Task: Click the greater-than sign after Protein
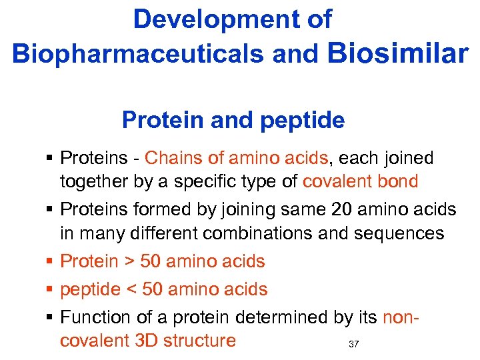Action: (125, 262)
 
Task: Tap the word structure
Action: (201, 341)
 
